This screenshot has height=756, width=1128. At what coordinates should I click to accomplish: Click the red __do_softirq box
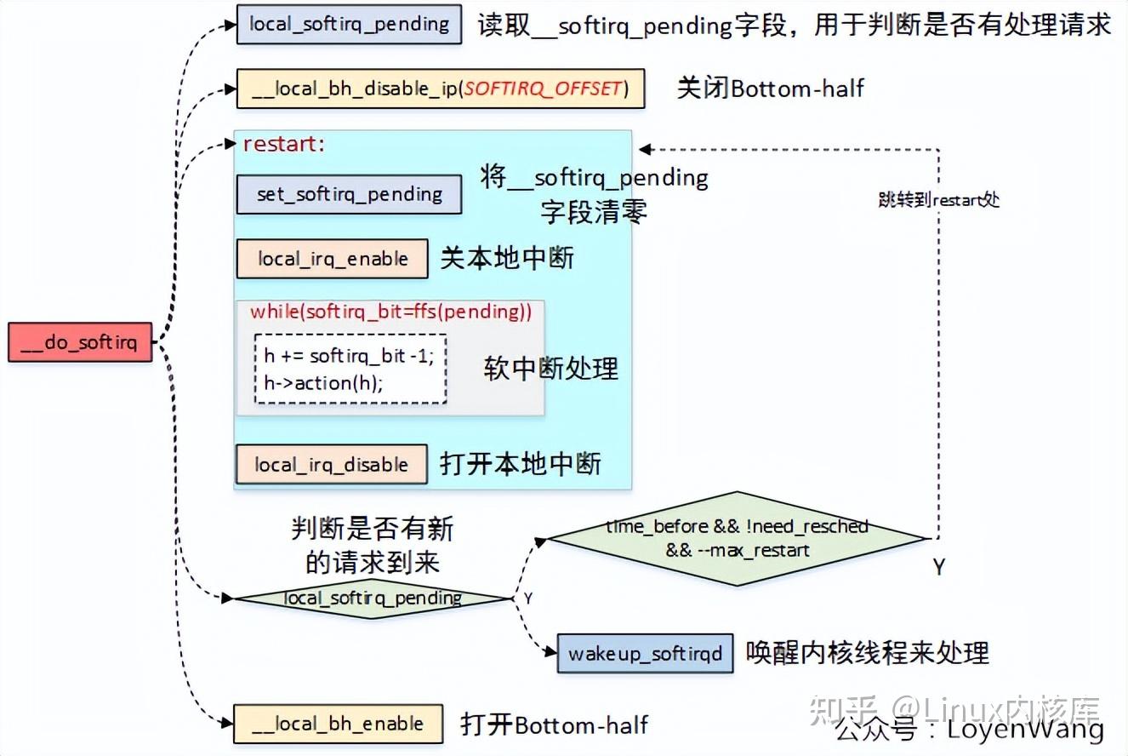click(x=80, y=342)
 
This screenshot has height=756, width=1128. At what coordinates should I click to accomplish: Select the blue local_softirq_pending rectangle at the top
click(x=349, y=24)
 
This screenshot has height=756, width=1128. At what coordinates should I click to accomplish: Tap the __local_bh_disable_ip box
click(x=440, y=89)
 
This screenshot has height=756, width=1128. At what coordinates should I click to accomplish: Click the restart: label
click(x=284, y=144)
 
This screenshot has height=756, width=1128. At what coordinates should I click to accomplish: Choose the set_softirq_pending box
click(x=348, y=194)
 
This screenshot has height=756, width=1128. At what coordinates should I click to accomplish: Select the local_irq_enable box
click(x=332, y=259)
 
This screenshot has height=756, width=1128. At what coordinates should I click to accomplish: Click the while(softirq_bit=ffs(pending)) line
click(x=390, y=312)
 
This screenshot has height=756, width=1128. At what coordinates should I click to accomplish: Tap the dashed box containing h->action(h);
click(x=350, y=369)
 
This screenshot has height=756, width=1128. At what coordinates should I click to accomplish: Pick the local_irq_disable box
click(x=331, y=465)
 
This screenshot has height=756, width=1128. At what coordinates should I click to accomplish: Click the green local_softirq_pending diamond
click(x=373, y=598)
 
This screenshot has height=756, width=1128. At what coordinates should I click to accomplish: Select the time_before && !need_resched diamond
click(x=737, y=538)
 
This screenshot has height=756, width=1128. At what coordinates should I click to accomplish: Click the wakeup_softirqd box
click(x=645, y=654)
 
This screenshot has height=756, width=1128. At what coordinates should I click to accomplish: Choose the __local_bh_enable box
click(x=338, y=724)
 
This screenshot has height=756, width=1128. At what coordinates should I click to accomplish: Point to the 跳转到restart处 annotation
click(x=938, y=200)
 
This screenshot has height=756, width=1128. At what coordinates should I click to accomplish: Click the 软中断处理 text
click(x=550, y=368)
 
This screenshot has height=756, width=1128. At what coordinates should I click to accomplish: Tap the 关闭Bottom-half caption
click(x=770, y=88)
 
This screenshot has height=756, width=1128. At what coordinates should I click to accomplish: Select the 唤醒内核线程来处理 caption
click(x=868, y=653)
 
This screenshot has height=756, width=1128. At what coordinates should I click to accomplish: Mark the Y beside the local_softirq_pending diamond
click(x=527, y=598)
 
